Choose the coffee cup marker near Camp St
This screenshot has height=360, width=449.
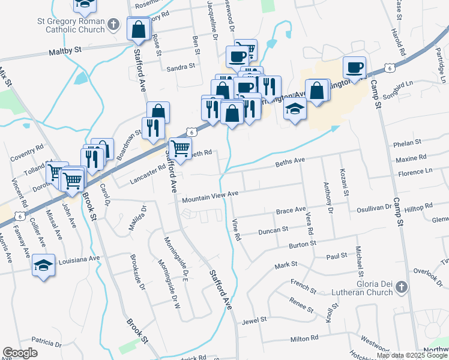click(x=354, y=67)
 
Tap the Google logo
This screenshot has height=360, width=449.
click(x=20, y=353)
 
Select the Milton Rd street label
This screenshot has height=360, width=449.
click(x=303, y=339)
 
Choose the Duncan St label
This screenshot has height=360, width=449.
click(x=273, y=230)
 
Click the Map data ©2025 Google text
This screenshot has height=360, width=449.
click(x=411, y=355)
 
